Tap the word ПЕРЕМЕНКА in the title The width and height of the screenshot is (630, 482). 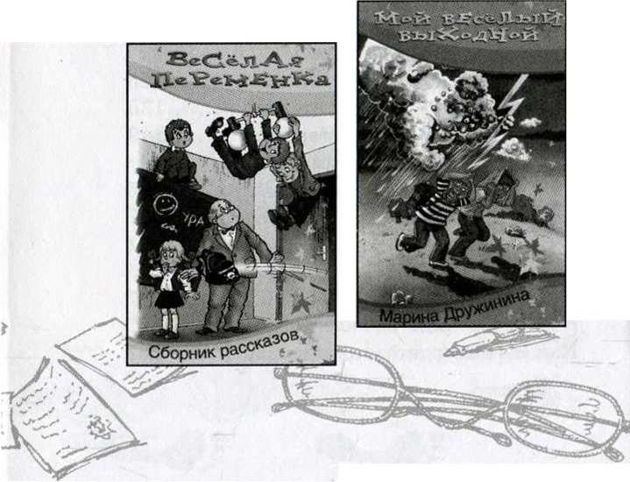click(240, 80)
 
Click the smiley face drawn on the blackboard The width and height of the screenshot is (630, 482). click(165, 204)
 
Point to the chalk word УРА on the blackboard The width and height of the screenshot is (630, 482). click(194, 220)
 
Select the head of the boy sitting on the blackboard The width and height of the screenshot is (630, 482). click(178, 133)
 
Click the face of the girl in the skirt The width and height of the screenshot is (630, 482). click(172, 255)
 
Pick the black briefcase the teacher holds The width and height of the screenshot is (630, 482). click(218, 267)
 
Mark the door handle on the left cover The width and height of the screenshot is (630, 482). click(322, 250)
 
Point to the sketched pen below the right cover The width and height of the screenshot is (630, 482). click(498, 341)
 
